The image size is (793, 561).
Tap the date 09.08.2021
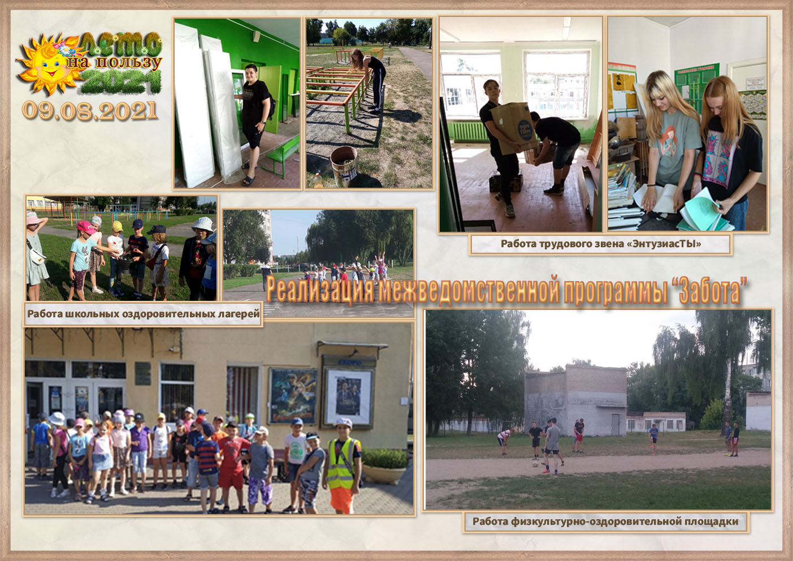click(89, 111)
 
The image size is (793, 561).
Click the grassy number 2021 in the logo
click(121, 81)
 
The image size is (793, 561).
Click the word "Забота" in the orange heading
click(709, 291)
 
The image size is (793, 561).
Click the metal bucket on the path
click(344, 166)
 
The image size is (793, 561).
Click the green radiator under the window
click(467, 132)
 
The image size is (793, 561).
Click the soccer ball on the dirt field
click(536, 464)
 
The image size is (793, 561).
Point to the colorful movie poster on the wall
click(293, 396)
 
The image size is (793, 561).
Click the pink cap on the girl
click(85, 226)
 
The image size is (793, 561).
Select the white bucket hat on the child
click(202, 225)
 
